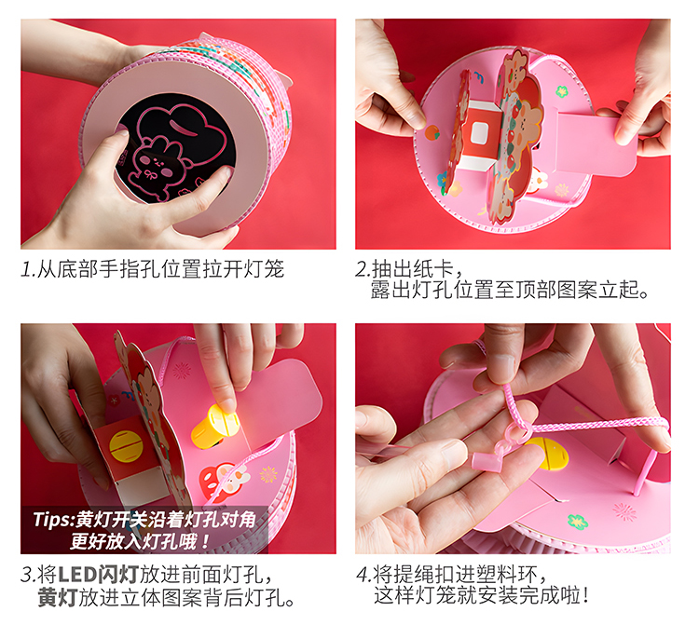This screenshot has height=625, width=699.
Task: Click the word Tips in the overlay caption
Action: point(51,520)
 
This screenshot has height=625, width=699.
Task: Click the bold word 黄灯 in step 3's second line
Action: point(58,597)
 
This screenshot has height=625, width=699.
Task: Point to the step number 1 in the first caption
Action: point(27,269)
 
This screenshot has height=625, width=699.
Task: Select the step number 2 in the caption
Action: point(361,269)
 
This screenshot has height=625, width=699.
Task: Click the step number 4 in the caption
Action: point(362,575)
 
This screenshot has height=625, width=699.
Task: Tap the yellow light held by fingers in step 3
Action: point(214,426)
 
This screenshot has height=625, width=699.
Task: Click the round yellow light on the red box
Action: point(126,446)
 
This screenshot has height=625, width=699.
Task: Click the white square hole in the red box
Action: point(479,133)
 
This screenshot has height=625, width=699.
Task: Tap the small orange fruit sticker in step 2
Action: point(432,132)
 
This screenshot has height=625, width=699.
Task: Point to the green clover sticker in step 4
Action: point(577,521)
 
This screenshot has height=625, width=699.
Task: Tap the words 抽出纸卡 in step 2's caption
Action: point(412,269)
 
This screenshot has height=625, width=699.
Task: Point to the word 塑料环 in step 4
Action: point(507,575)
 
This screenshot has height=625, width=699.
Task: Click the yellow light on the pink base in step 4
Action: point(547,453)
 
